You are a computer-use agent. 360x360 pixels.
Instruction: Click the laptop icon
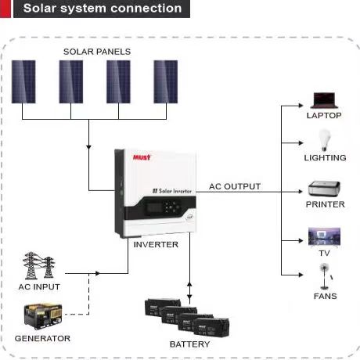click(324, 100)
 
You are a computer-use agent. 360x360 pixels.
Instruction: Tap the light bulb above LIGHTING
click(324, 140)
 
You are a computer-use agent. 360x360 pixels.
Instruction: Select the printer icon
click(324, 189)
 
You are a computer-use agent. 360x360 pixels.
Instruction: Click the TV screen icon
click(324, 236)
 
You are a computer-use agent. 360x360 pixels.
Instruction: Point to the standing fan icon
click(325, 276)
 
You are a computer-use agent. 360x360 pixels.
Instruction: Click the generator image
click(43, 316)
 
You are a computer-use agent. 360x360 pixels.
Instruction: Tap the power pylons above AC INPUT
click(39, 265)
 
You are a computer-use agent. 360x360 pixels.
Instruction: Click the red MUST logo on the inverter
click(142, 157)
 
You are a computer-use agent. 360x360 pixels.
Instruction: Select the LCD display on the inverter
click(154, 207)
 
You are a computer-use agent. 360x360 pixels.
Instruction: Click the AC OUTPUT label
click(235, 186)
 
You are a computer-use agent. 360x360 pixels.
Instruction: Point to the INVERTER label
click(156, 245)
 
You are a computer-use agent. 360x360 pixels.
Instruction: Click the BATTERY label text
click(189, 344)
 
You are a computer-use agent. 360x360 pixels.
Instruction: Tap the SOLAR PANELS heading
click(97, 52)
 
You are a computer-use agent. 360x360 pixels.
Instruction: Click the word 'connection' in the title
click(146, 8)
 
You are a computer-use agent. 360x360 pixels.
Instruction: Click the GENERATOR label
click(42, 338)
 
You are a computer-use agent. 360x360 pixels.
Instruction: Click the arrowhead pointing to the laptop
click(301, 106)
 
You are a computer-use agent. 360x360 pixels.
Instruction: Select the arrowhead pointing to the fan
click(301, 275)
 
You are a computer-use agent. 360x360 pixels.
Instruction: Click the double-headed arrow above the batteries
click(189, 291)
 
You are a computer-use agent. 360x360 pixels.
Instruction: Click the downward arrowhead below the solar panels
click(88, 147)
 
